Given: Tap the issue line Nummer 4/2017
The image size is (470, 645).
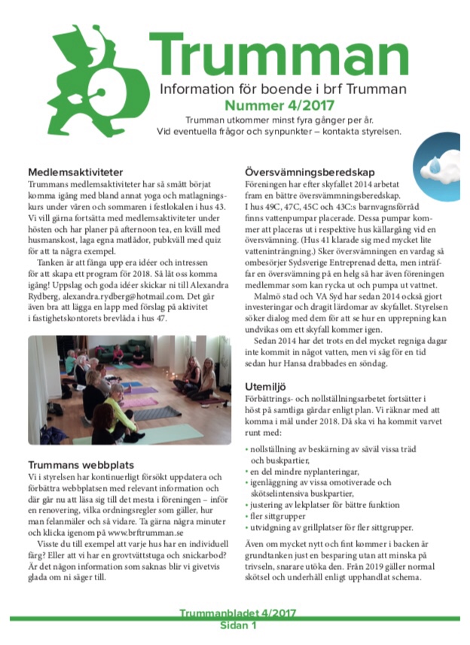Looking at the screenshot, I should pyautogui.click(x=279, y=106).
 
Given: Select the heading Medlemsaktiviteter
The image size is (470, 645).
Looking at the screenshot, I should pyautogui.click(x=75, y=172).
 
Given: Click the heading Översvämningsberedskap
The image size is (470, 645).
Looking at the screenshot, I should pyautogui.click(x=308, y=172).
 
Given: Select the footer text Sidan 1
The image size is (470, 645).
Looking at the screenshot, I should pyautogui.click(x=239, y=625).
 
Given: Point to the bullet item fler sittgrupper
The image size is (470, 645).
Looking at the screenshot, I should pyautogui.click(x=279, y=517).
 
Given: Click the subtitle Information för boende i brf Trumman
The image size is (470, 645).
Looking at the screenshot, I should pyautogui.click(x=283, y=90).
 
